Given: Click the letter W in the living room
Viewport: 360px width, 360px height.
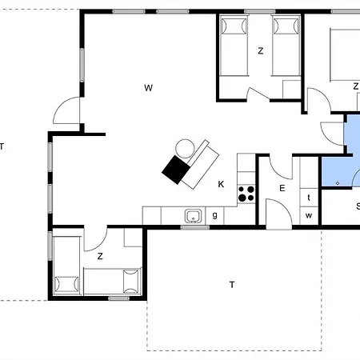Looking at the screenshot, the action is tap(149, 88).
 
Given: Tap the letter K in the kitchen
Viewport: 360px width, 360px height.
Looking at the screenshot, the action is tap(221, 184).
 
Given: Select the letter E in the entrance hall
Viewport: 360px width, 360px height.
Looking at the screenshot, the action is tap(282, 188).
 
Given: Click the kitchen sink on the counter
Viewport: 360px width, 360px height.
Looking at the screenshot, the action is tap(194, 216).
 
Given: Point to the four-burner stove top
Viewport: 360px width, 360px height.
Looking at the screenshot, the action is tap(246, 194).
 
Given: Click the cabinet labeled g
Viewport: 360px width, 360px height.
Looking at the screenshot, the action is tap(214, 215).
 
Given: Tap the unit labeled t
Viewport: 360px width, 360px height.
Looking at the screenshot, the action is tap(309, 198).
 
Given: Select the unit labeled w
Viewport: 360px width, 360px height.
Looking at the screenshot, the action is tap(309, 215).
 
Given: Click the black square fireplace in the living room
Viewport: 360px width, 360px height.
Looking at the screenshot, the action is tap(176, 170).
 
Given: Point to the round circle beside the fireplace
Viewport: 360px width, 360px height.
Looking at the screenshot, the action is tap(185, 149).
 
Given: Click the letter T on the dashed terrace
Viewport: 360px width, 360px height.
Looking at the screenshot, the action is tap(232, 285).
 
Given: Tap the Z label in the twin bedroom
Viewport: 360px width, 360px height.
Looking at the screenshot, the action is tap(261, 50).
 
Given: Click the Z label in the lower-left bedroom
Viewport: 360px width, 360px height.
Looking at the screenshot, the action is tap(100, 256).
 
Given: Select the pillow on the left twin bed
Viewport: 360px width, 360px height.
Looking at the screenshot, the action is tap(234, 26).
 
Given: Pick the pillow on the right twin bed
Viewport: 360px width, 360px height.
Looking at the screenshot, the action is tap(286, 26).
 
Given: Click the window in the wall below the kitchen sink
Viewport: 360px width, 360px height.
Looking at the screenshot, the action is tap(195, 227).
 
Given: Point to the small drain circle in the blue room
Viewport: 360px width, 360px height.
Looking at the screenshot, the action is tap(338, 183).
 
